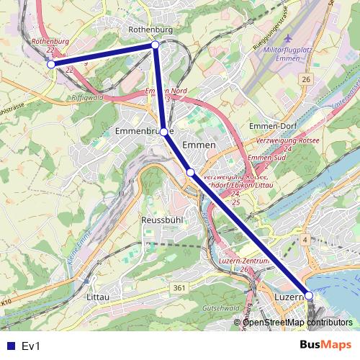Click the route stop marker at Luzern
(309, 295)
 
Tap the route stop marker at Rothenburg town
(155, 45)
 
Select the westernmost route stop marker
(51, 64)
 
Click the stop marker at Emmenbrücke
(164, 132)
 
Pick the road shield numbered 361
(179, 288)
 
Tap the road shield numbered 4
(305, 239)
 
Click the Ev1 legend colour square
(9, 346)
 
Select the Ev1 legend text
(30, 346)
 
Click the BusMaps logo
(325, 346)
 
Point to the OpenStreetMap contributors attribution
(297, 322)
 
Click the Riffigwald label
(88, 97)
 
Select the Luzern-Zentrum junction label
(243, 261)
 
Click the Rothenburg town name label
(150, 30)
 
